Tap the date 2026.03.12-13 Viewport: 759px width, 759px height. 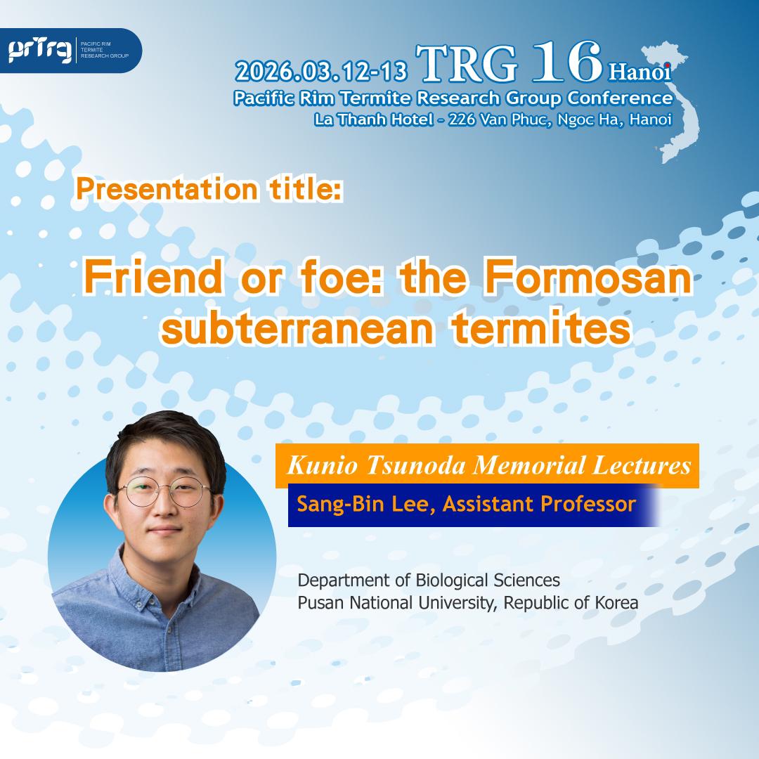click(321, 72)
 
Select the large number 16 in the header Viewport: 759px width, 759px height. click(567, 61)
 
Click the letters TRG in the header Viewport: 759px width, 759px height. click(467, 63)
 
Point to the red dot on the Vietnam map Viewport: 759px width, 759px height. click(667, 65)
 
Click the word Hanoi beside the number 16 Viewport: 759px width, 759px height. click(640, 72)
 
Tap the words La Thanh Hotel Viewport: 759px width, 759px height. click(374, 119)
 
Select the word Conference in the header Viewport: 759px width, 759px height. click(620, 98)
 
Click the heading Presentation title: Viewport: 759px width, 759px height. click(209, 188)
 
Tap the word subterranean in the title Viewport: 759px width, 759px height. click(297, 329)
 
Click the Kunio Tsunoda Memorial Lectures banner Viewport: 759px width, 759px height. click(487, 465)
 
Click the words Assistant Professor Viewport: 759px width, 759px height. click(539, 505)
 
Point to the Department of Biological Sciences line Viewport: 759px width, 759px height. click(429, 580)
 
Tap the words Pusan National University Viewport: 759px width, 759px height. click(396, 603)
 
